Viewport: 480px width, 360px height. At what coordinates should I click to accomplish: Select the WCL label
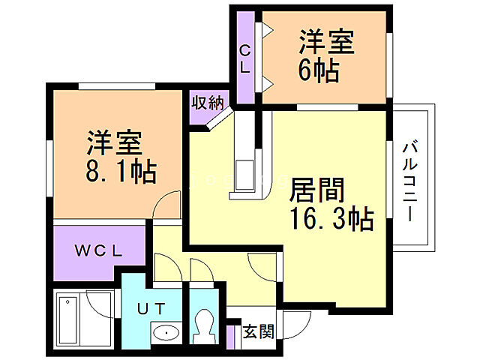click(97, 250)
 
